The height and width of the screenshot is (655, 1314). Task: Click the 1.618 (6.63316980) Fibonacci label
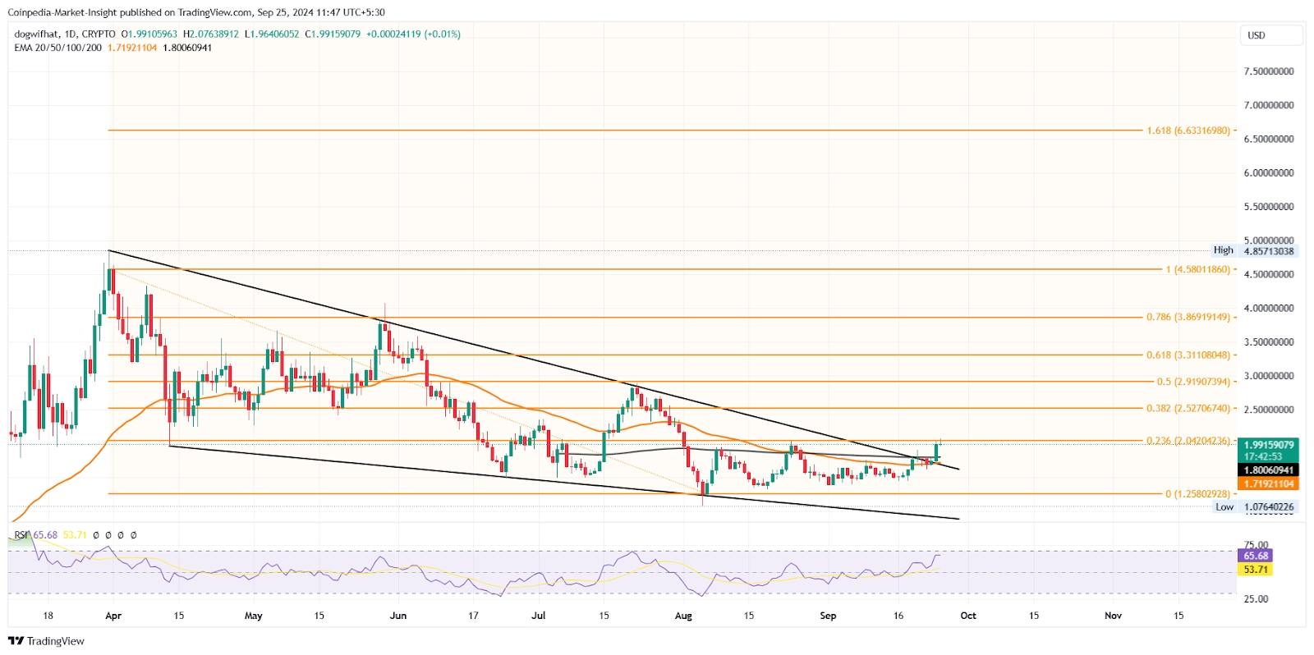click(1188, 131)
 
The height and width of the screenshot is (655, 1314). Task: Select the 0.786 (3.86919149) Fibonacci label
click(1188, 317)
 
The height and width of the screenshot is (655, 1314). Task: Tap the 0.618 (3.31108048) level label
click(1188, 355)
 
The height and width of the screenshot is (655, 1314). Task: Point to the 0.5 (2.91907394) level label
click(1192, 382)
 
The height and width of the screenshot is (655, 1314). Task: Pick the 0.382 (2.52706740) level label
click(1188, 408)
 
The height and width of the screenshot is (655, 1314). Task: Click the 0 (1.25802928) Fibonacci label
click(1197, 494)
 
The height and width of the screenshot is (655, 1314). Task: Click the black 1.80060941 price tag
click(1268, 470)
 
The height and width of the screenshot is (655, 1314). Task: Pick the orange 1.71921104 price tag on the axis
click(1268, 484)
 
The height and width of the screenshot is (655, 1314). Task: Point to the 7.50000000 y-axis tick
click(1268, 71)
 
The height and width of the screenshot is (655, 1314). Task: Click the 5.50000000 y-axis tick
click(1268, 207)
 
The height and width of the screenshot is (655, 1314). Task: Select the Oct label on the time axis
click(968, 616)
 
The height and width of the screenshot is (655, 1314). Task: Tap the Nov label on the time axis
click(1113, 616)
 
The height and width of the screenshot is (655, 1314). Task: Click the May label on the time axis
click(254, 616)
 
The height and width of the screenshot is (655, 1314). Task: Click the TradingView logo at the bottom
click(47, 641)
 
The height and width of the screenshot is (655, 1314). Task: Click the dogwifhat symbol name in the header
click(37, 34)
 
